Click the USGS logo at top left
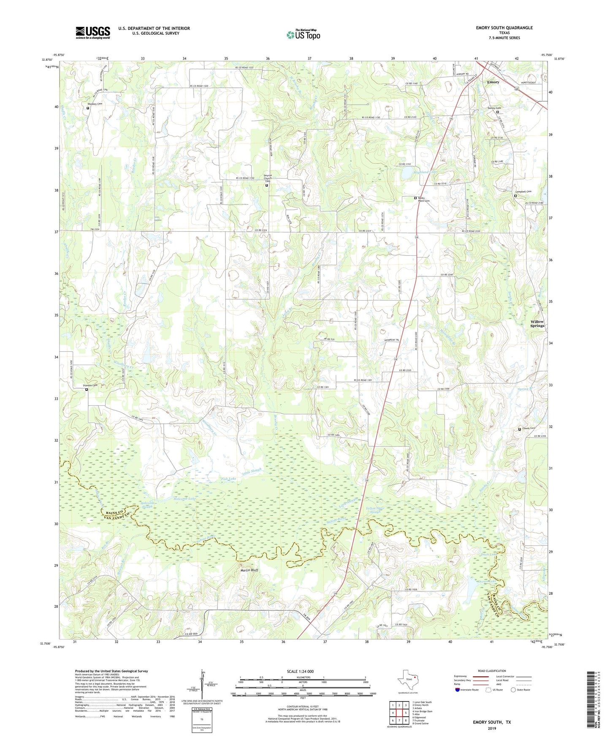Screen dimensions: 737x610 tap(93, 33)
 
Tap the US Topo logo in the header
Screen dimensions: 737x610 tap(303, 35)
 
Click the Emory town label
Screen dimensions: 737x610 tap(493, 82)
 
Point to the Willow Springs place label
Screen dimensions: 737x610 tap(537, 324)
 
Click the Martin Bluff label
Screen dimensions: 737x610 tap(249, 570)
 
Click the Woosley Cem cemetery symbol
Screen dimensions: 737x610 tap(88, 108)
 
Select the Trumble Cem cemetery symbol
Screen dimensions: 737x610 tap(87, 390)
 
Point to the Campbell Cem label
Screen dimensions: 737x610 tap(523, 192)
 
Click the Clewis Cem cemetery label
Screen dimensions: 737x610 tap(529, 428)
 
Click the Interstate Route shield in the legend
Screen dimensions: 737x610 tap(458, 690)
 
